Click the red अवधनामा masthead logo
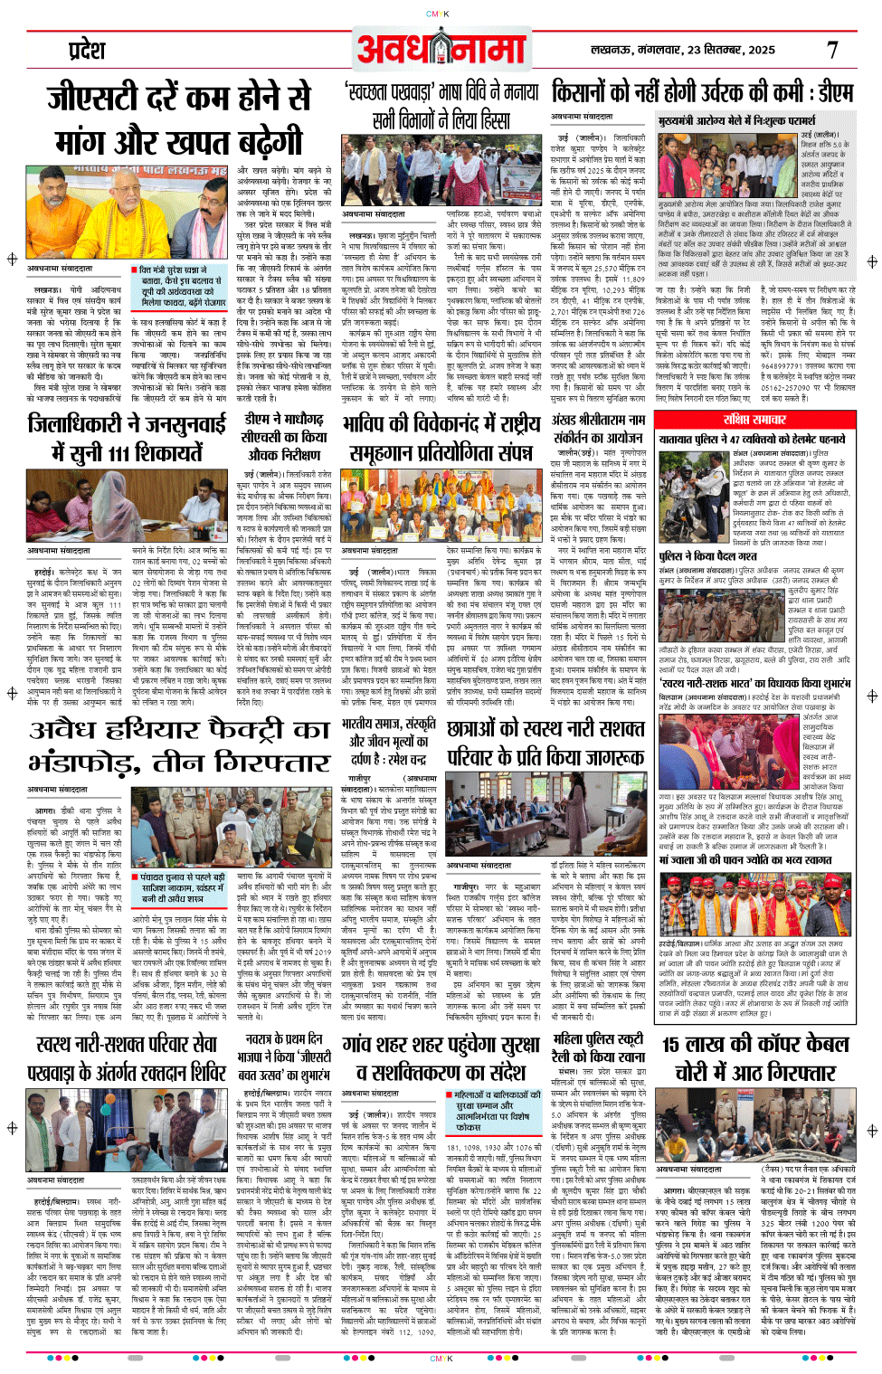point(441,48)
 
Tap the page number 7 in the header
point(832,50)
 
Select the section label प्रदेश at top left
point(88,50)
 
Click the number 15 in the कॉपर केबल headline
point(678,1045)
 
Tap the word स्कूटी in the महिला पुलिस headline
point(624,1039)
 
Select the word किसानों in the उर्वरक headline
point(592,91)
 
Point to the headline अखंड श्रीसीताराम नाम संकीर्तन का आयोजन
point(599,428)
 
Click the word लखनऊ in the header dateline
point(611,50)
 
